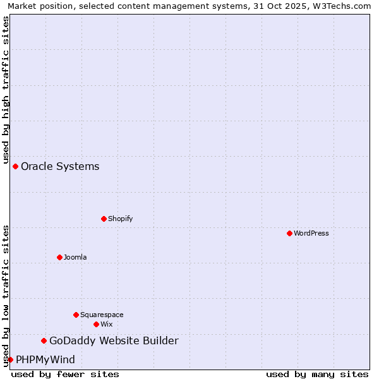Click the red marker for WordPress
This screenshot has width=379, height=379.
coord(289,233)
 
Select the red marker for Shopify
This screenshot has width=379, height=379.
coord(104,219)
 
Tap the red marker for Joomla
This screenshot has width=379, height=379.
coord(59,257)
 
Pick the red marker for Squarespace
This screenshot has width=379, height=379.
coord(76,315)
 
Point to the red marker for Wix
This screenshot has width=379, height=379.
coord(96,324)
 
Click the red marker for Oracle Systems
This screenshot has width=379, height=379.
coord(15,166)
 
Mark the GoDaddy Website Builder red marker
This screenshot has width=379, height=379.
coord(44,341)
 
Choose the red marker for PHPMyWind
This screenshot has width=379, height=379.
coord(10,359)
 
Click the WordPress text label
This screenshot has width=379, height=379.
coord(311,233)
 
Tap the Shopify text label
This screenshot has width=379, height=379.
coord(121,219)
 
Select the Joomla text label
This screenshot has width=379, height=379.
coord(75,257)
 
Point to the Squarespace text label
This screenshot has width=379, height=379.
coord(102,315)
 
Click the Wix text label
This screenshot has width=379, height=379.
coord(107,324)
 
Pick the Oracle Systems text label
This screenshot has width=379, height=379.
coord(60,166)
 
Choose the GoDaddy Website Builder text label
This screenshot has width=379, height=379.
coord(114,341)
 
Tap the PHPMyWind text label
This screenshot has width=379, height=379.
coord(45,359)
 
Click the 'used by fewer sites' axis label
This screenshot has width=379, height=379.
coord(65,374)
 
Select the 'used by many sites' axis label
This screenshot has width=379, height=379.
coord(317,374)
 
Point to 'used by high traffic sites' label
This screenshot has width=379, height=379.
coord(6,90)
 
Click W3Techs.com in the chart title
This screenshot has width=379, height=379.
coord(339,6)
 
